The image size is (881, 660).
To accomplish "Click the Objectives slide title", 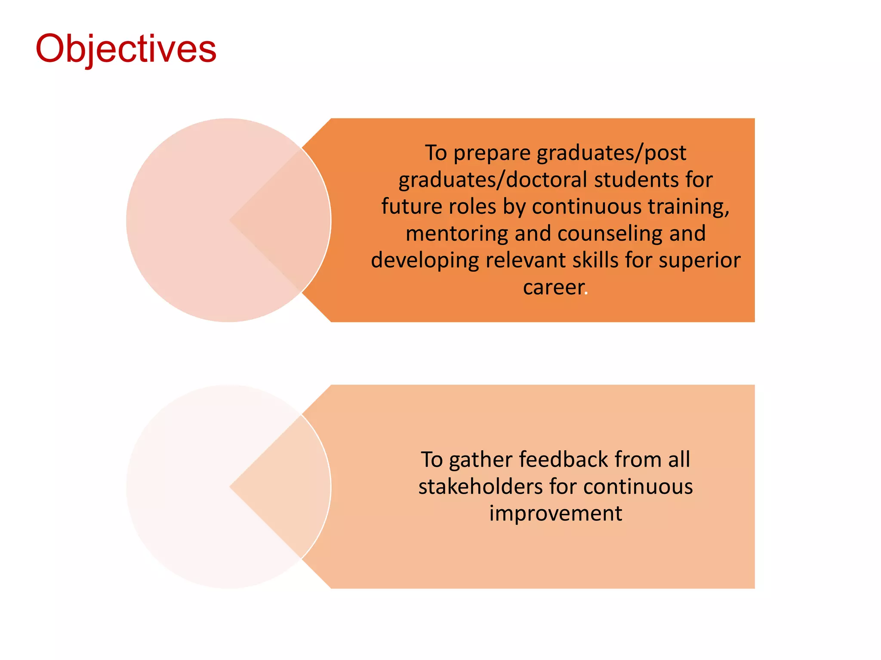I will pyautogui.click(x=126, y=49).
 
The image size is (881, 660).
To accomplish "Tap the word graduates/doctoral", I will pyautogui.click(x=493, y=180).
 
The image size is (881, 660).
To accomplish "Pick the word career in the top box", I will pyautogui.click(x=553, y=287).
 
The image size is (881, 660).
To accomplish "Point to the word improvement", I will pyautogui.click(x=555, y=513).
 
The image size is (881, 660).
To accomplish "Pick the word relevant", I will pyautogui.click(x=525, y=260).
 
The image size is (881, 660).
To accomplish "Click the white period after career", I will pyautogui.click(x=586, y=294).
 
